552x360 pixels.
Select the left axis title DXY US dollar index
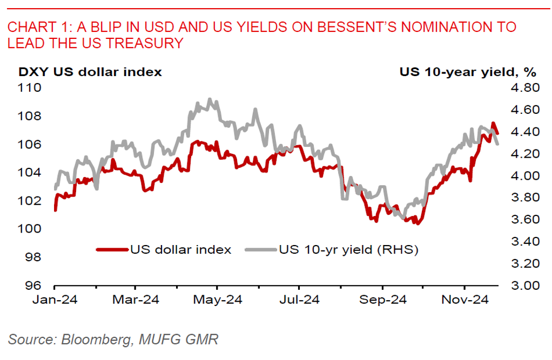tap(90, 71)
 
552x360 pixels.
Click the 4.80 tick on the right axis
tap(523, 87)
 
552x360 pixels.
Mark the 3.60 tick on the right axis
tap(523, 220)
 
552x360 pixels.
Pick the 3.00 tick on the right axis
tap(523, 286)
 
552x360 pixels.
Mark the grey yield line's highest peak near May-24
tap(210, 99)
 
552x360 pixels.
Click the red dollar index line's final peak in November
tap(493, 124)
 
